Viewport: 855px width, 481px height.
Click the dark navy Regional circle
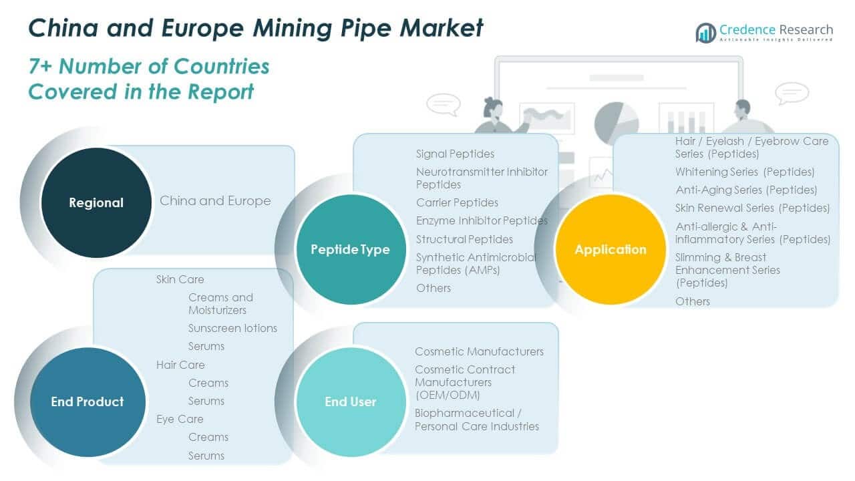pyautogui.click(x=96, y=202)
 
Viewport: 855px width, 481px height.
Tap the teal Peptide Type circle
pyautogui.click(x=350, y=249)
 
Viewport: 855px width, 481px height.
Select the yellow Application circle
pyautogui.click(x=611, y=249)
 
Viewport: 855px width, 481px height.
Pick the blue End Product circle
pyautogui.click(x=88, y=402)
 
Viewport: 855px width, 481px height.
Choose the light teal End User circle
pyautogui.click(x=350, y=402)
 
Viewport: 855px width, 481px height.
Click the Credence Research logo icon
pyautogui.click(x=705, y=32)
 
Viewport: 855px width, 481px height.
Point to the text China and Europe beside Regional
pyautogui.click(x=215, y=200)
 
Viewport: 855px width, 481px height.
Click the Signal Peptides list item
pyautogui.click(x=455, y=154)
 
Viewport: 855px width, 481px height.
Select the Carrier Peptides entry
pyautogui.click(x=457, y=202)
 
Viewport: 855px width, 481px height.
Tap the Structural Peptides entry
pyautogui.click(x=464, y=238)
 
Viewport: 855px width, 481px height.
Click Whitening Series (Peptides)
pyautogui.click(x=745, y=172)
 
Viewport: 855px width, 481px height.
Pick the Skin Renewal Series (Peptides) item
pyautogui.click(x=752, y=208)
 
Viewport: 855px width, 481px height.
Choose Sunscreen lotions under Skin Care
pyautogui.click(x=232, y=328)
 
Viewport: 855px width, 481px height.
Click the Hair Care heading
pyautogui.click(x=180, y=365)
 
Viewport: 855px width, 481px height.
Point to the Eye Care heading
pyautogui.click(x=180, y=419)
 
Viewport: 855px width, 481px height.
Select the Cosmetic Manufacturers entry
pyautogui.click(x=479, y=351)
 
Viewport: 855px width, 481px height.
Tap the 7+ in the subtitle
pyautogui.click(x=41, y=66)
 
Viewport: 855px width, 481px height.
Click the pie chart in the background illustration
pyautogui.click(x=616, y=122)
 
